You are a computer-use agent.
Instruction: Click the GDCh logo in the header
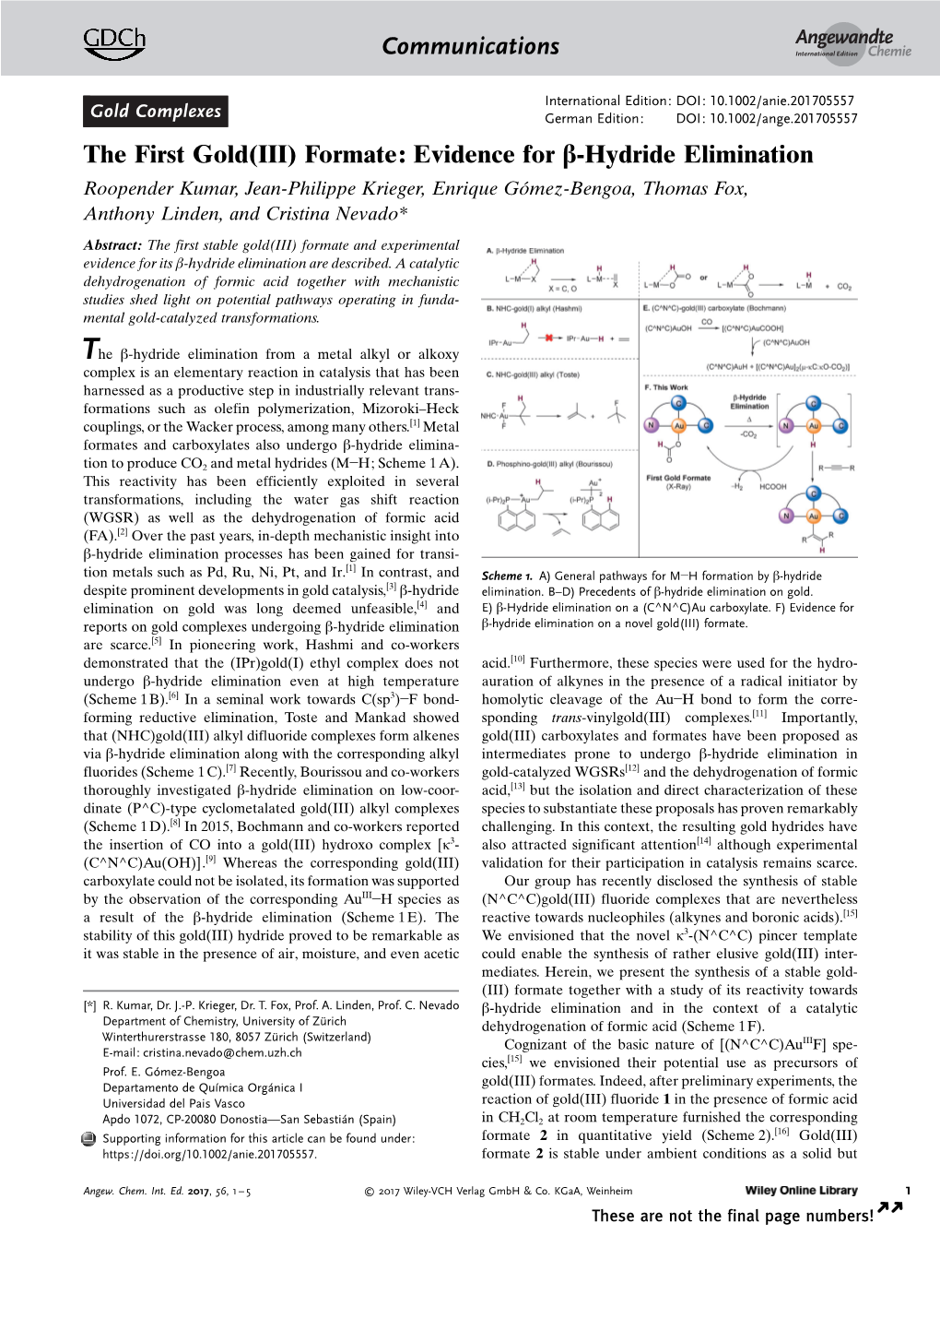point(114,42)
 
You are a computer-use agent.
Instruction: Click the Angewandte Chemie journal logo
point(852,42)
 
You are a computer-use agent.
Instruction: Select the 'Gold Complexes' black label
point(155,112)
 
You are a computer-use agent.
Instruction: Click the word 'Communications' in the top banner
point(470,46)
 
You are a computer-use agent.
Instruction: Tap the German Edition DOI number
point(766,119)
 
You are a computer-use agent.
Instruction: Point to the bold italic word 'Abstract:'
point(112,245)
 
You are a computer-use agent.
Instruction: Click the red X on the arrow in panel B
point(550,338)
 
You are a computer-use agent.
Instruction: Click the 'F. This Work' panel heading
point(666,387)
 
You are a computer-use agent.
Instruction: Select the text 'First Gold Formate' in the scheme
point(678,478)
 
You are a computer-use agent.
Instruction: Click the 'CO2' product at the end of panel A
point(844,287)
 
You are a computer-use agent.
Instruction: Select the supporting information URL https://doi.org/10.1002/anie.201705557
point(209,1154)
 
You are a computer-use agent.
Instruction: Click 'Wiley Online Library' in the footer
point(801,1191)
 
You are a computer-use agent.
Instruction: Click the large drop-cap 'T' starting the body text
point(90,350)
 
